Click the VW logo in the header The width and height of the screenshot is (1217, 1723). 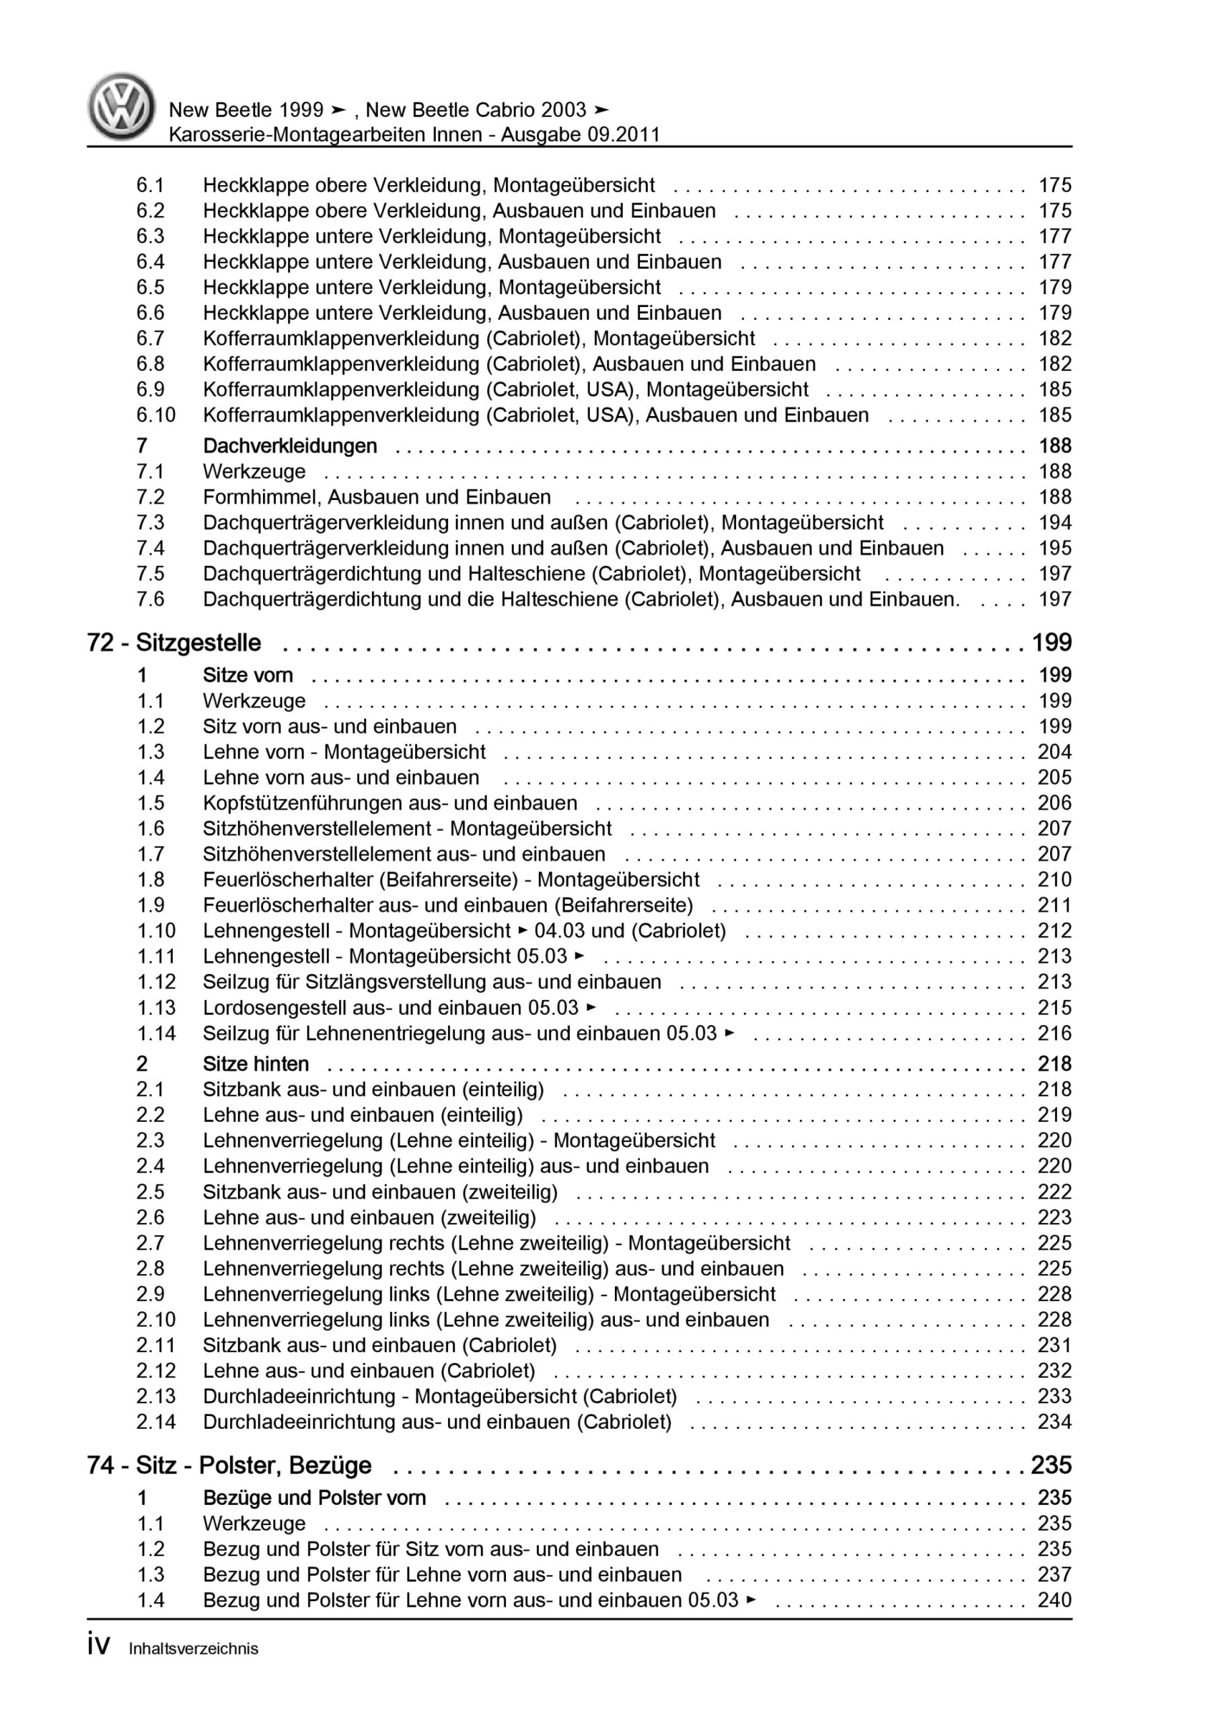pos(122,106)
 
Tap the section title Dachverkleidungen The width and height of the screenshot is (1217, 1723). pos(290,446)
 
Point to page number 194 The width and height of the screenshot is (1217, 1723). pos(1054,522)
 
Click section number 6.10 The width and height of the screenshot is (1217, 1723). pos(155,415)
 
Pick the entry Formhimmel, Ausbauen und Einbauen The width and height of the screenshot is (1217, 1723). pos(377,497)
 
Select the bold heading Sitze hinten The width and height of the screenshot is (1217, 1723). pos(255,1063)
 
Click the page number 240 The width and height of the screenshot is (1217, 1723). pos(1054,1600)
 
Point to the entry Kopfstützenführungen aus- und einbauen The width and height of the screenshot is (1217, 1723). pos(390,803)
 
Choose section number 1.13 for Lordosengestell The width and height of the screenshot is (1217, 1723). pos(155,1007)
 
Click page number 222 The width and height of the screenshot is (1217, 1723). pos(1054,1192)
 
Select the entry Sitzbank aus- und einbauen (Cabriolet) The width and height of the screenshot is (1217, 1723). pos(379,1345)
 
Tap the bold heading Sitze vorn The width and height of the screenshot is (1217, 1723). pos(248,675)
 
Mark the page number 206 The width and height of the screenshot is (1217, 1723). pos(1054,803)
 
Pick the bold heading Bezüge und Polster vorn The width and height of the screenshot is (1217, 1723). pos(314,1498)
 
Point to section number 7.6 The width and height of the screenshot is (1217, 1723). pos(150,599)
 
